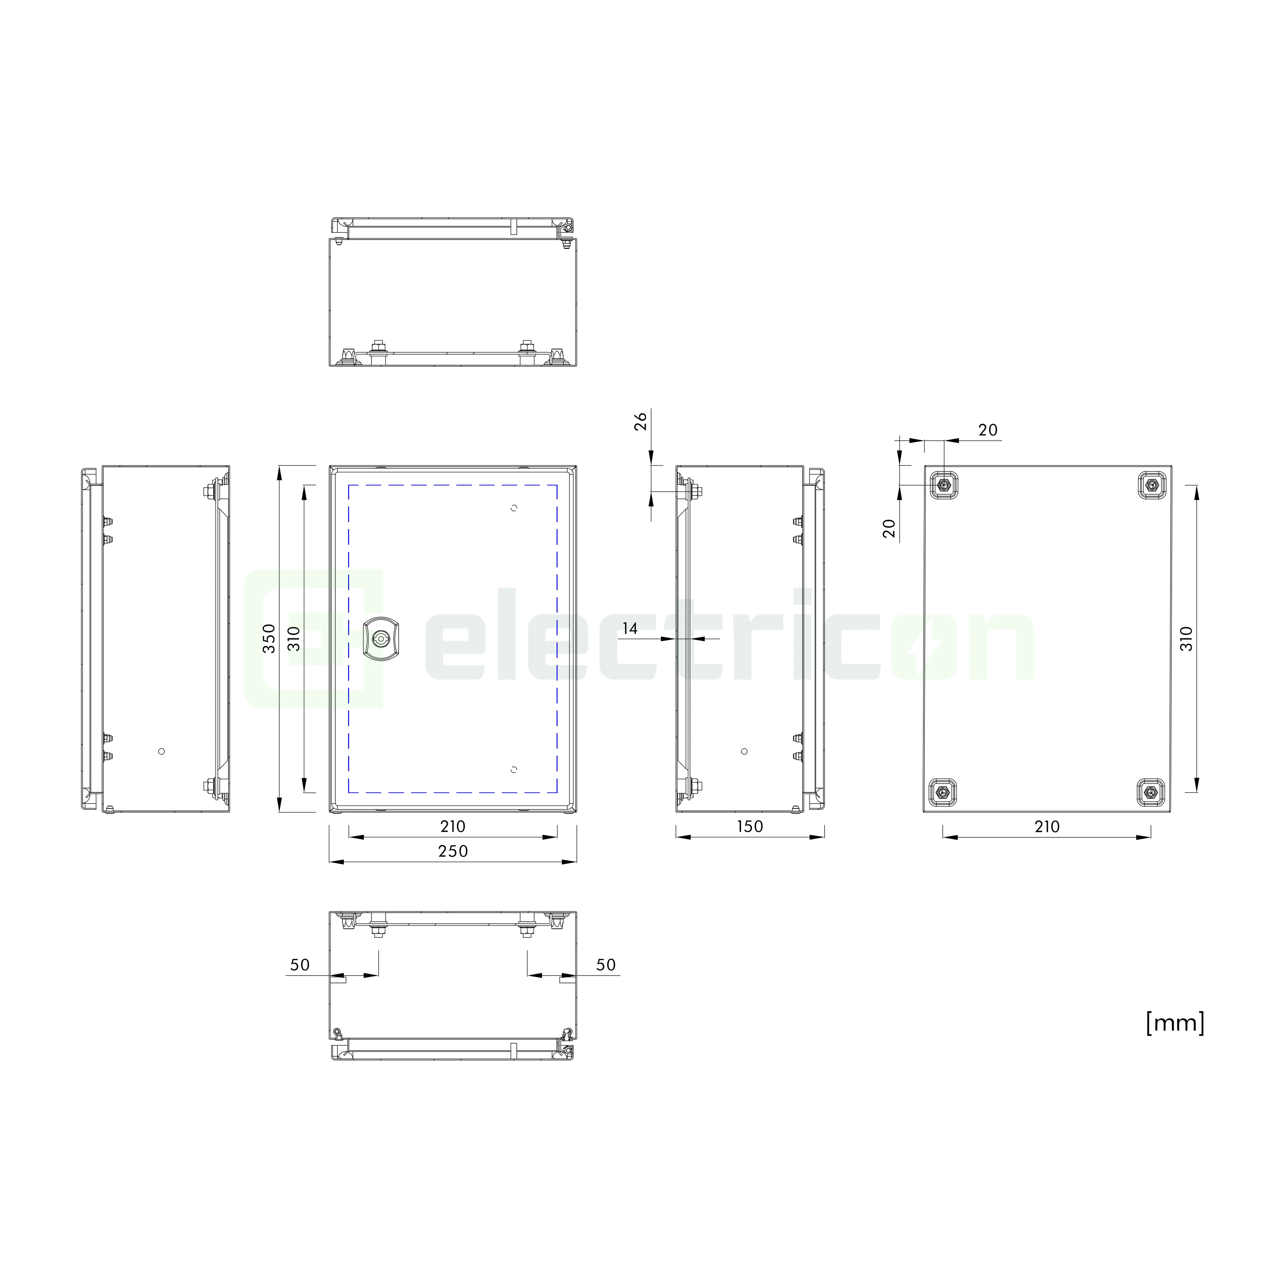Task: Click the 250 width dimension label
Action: tap(453, 851)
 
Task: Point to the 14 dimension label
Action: tap(630, 628)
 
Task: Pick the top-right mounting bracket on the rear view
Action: tap(1152, 485)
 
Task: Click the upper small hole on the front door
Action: tap(514, 508)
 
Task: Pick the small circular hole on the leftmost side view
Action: tap(161, 752)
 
